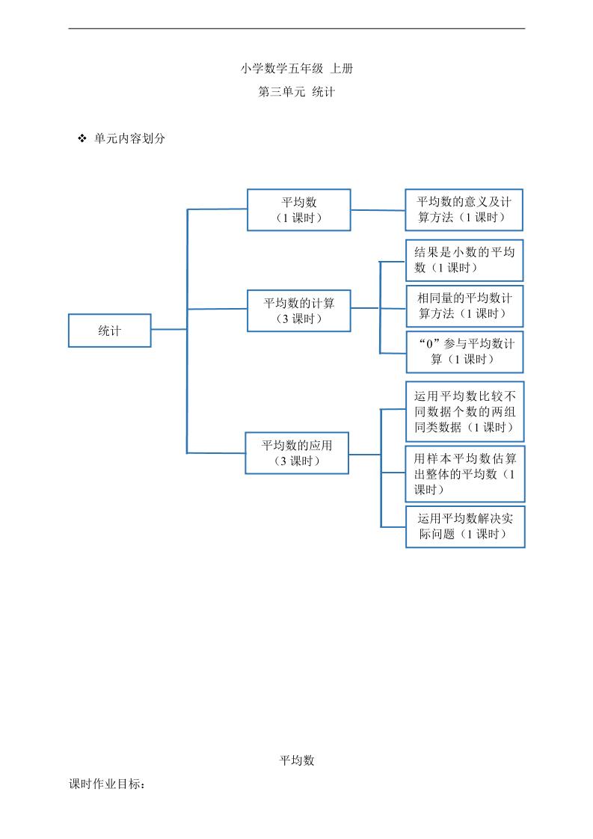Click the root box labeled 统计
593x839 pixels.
point(110,331)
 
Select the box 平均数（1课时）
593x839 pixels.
point(299,210)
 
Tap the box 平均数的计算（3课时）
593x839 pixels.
point(299,310)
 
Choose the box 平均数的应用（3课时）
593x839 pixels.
point(297,452)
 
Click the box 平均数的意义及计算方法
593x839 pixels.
point(464,209)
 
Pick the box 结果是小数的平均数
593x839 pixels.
point(464,259)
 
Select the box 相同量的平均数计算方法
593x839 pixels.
point(464,306)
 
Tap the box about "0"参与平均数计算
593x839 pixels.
point(464,351)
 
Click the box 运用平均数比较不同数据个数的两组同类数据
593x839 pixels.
point(464,412)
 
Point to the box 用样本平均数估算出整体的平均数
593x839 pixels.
point(464,473)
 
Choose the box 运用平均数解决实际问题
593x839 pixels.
point(464,526)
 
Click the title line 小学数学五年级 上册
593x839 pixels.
point(297,68)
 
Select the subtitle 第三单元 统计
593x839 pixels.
point(297,92)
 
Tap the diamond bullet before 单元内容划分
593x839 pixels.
point(82,139)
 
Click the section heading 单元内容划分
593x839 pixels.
point(129,139)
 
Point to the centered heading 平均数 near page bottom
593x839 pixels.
point(297,760)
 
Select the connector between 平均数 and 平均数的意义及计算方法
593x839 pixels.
point(378,210)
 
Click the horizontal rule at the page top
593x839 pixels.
point(297,28)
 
